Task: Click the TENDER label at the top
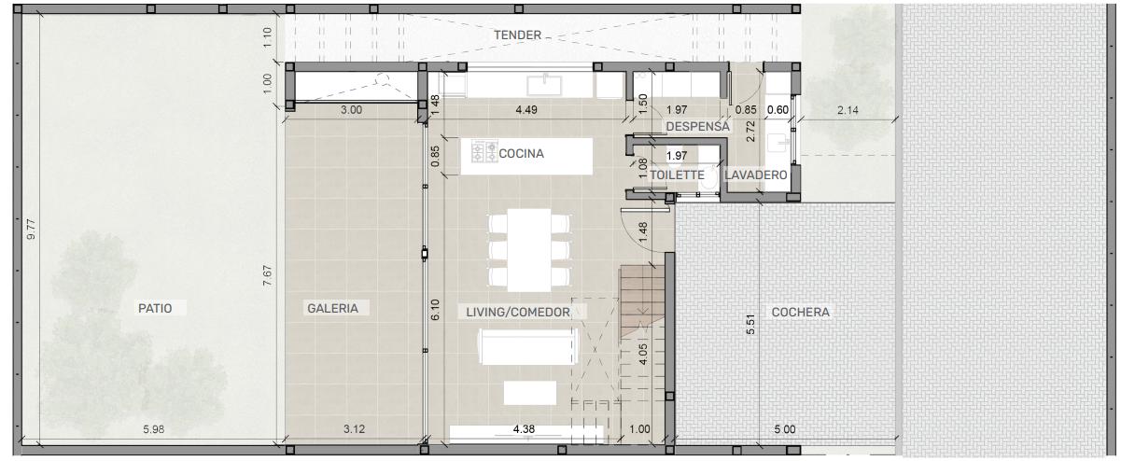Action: coord(517,35)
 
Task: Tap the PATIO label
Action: coord(155,308)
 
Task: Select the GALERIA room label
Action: coord(333,308)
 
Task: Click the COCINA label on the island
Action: coord(522,154)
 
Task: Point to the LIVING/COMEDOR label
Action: coord(518,313)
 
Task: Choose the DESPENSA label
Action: coord(697,127)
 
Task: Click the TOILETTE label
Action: coord(677,175)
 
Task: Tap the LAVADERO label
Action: coord(756,175)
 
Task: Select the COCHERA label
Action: coord(800,313)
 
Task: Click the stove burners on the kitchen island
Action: coord(484,151)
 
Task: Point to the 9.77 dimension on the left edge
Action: coord(32,230)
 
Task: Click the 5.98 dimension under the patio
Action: coord(154,429)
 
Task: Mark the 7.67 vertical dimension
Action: coord(268,276)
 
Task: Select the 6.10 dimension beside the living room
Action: coord(435,310)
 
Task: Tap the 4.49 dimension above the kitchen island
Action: coord(526,109)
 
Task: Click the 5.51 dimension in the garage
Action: coord(750,325)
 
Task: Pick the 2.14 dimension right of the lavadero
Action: coord(848,110)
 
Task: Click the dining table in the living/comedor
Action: coord(529,250)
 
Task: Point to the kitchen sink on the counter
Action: coord(544,85)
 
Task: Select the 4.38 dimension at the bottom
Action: coord(524,429)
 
